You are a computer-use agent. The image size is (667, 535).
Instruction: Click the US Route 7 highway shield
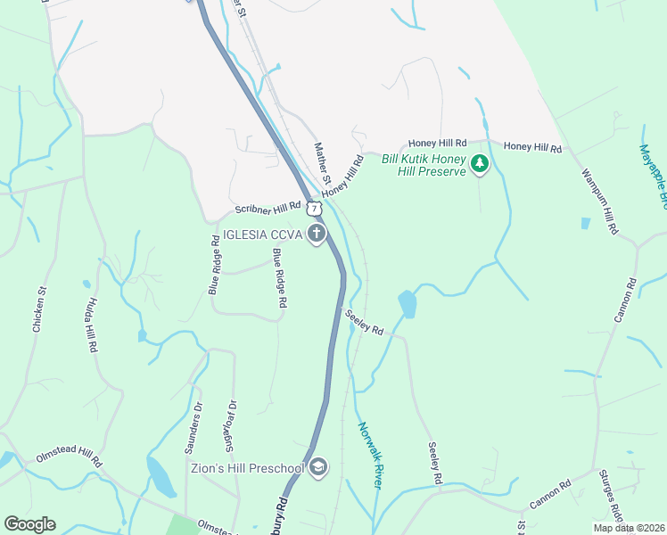click(x=313, y=208)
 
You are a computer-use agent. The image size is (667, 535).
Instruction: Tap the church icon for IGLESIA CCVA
click(x=317, y=234)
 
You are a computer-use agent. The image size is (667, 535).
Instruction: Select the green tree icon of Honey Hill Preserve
click(x=480, y=163)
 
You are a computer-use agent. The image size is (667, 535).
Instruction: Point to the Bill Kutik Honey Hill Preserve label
click(x=424, y=164)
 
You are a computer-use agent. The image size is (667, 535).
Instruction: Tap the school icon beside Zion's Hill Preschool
click(x=318, y=468)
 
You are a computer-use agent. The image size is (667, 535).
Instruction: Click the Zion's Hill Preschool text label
click(x=247, y=467)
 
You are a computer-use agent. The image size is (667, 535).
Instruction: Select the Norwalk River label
click(x=371, y=455)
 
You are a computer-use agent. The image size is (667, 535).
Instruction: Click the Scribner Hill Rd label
click(x=268, y=208)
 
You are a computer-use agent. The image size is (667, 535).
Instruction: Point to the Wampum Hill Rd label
click(x=599, y=201)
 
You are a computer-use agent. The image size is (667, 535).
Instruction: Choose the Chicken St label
click(x=39, y=309)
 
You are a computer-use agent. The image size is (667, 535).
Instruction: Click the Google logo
click(x=29, y=524)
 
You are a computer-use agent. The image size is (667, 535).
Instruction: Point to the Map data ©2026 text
click(x=630, y=528)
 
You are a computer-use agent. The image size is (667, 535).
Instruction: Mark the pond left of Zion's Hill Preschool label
click(x=161, y=477)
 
